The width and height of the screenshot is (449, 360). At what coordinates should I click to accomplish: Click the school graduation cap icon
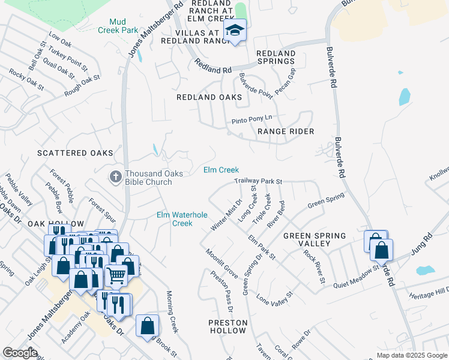click(235, 31)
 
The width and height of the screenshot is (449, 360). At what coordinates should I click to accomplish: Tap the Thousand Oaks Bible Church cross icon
click(115, 176)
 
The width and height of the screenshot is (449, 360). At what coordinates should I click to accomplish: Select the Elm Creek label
click(221, 170)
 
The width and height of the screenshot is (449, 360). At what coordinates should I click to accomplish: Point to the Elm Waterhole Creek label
click(182, 218)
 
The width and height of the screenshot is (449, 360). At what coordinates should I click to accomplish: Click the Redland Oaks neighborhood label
click(209, 97)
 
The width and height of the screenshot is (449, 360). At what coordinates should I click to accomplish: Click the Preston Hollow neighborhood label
click(228, 326)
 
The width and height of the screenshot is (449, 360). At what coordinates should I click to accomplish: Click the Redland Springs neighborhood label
click(276, 58)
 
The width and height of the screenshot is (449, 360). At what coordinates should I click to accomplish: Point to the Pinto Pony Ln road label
click(252, 121)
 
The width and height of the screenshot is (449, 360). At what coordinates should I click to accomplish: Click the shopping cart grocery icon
click(116, 275)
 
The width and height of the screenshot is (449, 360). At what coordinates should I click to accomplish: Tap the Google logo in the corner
click(20, 353)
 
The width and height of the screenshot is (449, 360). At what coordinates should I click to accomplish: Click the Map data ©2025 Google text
click(411, 355)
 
